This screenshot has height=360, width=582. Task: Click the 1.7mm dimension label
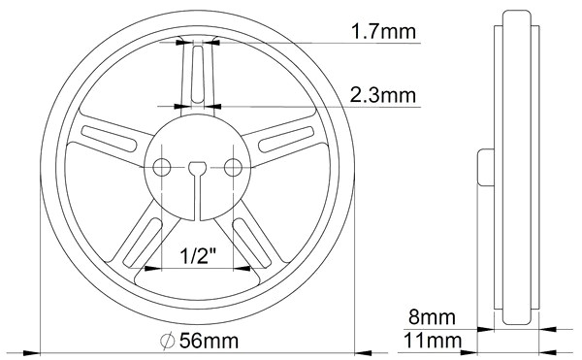[383, 31]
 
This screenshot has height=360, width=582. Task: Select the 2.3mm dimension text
[383, 95]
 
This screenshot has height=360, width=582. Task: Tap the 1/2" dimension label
[198, 256]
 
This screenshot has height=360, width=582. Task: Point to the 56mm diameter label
[209, 341]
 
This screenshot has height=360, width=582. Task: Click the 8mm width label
[432, 317]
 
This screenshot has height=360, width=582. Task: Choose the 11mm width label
[433, 341]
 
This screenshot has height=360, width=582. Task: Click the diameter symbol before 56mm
[168, 341]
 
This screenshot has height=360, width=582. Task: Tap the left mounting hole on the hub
[162, 167]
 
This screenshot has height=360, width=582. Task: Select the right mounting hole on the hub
[233, 167]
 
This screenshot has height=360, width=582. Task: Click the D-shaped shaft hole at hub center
[198, 168]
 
